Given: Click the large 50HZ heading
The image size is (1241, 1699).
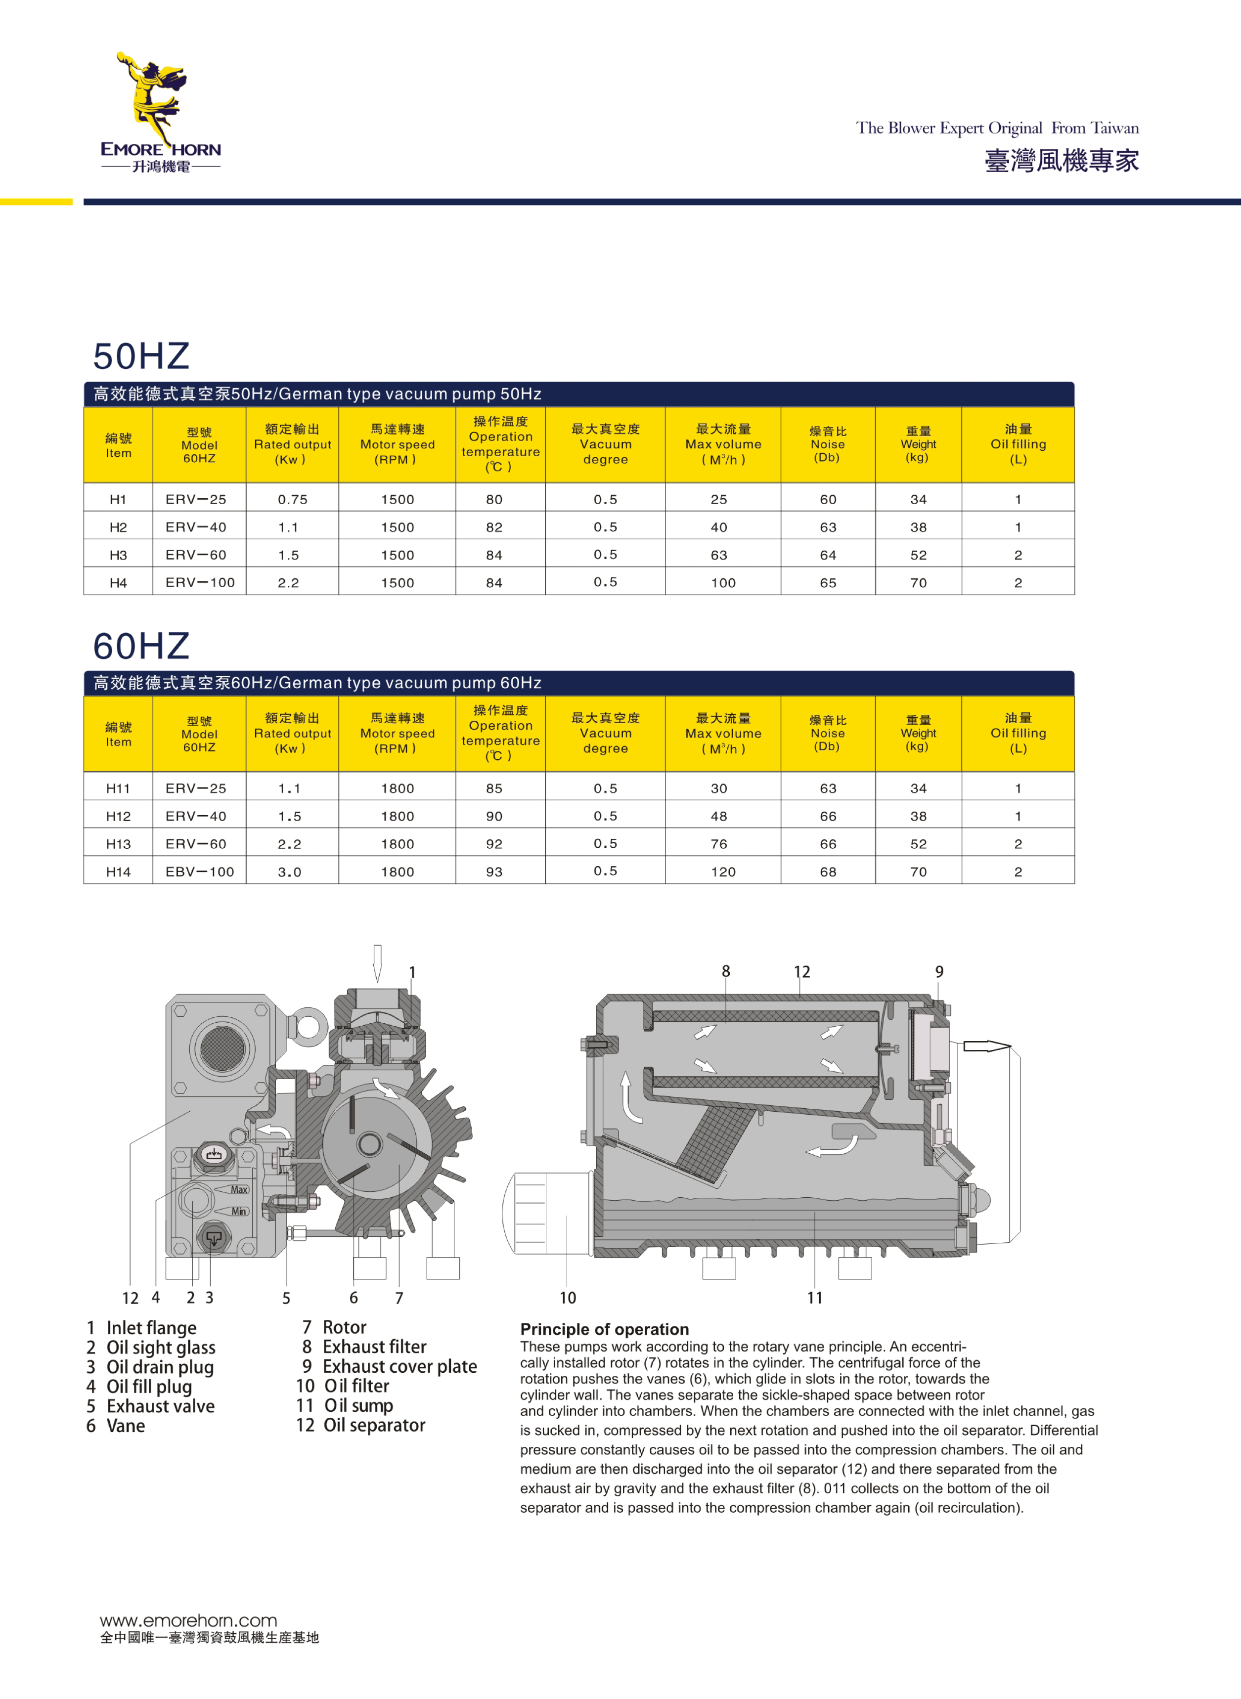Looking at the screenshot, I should click(x=141, y=356).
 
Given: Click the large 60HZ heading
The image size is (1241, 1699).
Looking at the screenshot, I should click(x=141, y=645).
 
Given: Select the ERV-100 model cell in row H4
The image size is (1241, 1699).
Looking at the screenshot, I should click(x=200, y=582).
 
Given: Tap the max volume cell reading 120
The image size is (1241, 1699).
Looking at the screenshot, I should click(x=723, y=871).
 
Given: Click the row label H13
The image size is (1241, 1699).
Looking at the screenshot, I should click(x=118, y=843).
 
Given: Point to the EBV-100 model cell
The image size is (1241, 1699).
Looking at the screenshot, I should click(x=200, y=871).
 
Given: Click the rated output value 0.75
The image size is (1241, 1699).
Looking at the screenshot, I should click(x=292, y=499).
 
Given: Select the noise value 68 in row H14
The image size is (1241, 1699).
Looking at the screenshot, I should click(x=828, y=871).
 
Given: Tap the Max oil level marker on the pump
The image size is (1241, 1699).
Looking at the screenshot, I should click(x=239, y=1189).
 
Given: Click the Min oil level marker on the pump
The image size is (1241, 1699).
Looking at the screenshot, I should click(x=239, y=1211).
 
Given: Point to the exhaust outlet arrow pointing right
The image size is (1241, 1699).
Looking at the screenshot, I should click(x=986, y=1046).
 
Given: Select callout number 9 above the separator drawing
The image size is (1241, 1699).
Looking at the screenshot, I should click(x=939, y=971).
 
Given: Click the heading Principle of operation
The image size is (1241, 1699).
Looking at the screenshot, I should click(x=604, y=1329).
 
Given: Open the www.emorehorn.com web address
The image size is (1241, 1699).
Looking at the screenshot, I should click(x=188, y=1620).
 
